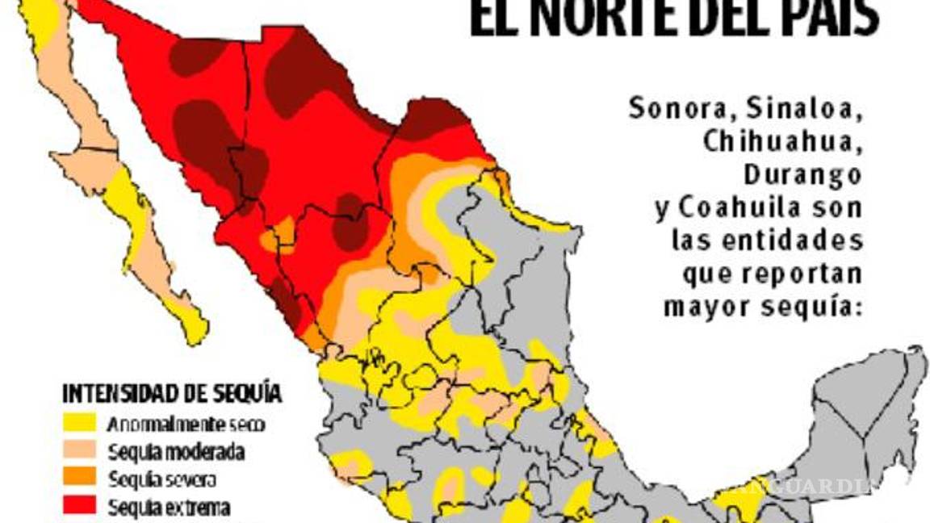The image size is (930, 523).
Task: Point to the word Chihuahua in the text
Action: pyautogui.click(x=782, y=140)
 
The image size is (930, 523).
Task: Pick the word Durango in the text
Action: pyautogui.click(x=802, y=174)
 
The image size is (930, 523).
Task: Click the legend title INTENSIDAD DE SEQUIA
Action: pyautogui.click(x=172, y=394)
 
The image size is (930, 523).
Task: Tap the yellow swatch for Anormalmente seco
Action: pyautogui.click(x=78, y=423)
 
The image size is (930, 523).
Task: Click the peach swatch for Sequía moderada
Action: pyautogui.click(x=78, y=450)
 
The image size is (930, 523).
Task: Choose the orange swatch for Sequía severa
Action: pyautogui.click(x=78, y=479)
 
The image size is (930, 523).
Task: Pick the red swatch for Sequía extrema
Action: pyautogui.click(x=78, y=507)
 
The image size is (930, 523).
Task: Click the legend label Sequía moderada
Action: pyautogui.click(x=175, y=451)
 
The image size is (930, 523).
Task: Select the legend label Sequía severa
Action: pyautogui.click(x=161, y=479)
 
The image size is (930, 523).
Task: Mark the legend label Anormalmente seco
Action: pyautogui.click(x=186, y=423)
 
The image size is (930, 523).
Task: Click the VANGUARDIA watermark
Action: pyautogui.click(x=799, y=486)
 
